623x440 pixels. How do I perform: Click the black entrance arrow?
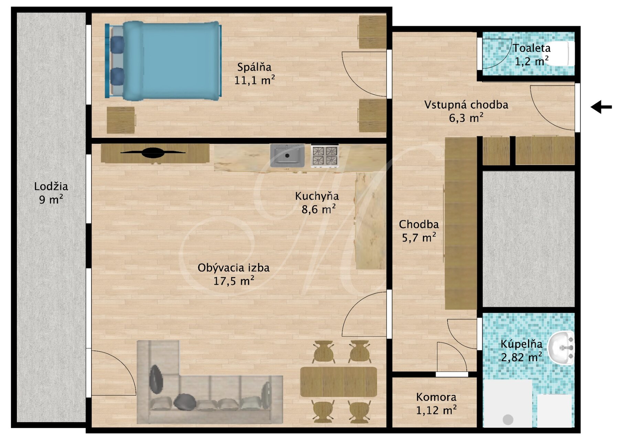[x=601, y=107]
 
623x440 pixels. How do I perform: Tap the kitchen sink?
[x=287, y=155]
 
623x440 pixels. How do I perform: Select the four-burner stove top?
[x=325, y=156]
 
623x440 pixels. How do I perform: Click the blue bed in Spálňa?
[x=163, y=61]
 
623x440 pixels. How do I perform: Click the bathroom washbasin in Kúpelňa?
[x=561, y=348]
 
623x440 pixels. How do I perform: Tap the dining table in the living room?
[x=339, y=382]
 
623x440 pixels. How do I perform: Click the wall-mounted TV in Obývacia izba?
[x=153, y=153]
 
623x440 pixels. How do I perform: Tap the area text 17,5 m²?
[x=234, y=281]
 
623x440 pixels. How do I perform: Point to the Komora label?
[x=436, y=397]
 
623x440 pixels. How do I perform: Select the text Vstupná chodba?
[x=466, y=104]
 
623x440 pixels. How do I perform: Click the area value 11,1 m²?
[x=255, y=80]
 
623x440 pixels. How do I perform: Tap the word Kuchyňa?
[x=317, y=196]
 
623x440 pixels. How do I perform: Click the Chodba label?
[x=419, y=224]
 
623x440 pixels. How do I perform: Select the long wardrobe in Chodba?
[x=461, y=223]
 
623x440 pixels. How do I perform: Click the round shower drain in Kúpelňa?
[x=508, y=419]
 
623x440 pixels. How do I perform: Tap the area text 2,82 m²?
[x=521, y=357]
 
